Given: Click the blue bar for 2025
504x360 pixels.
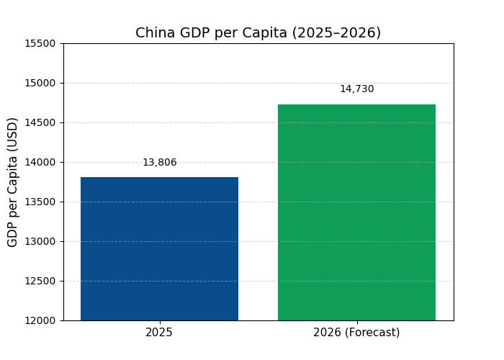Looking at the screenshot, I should (x=159, y=248).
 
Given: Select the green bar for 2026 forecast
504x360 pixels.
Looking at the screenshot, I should (x=356, y=212).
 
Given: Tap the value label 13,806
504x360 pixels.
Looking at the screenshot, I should (x=159, y=163).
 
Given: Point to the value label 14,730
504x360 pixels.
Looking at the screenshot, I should (x=356, y=89).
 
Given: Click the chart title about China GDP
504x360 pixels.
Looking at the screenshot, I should (x=258, y=33).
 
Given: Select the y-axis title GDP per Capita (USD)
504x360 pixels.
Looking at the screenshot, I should (x=13, y=182).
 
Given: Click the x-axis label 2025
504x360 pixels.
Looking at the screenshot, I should (x=159, y=333).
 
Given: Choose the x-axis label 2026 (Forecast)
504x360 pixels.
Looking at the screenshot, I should (x=356, y=333).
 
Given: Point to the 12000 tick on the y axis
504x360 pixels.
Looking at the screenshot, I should (x=41, y=320).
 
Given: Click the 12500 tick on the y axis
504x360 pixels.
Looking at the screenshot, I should (x=41, y=281).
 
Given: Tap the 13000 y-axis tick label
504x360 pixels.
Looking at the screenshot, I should (x=41, y=241).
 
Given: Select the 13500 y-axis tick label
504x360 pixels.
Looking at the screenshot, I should (x=41, y=202).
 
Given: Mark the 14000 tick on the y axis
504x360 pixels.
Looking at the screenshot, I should (x=41, y=162).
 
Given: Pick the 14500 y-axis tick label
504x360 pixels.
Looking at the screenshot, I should (x=41, y=122).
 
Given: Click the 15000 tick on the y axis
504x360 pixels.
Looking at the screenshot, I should (x=41, y=83).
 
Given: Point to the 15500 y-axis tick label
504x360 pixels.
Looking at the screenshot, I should (x=41, y=43).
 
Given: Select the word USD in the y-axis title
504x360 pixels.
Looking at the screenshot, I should (x=13, y=134).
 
